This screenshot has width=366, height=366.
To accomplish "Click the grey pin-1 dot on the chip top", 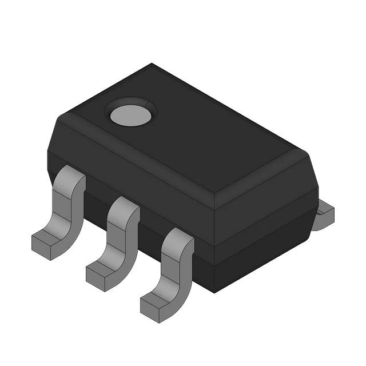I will point(132,115).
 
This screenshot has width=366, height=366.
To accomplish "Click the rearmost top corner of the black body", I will point(152,64).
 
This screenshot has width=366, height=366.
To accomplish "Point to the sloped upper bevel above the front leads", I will point(137,166).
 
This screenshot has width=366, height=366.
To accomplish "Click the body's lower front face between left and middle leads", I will point(94,203).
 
